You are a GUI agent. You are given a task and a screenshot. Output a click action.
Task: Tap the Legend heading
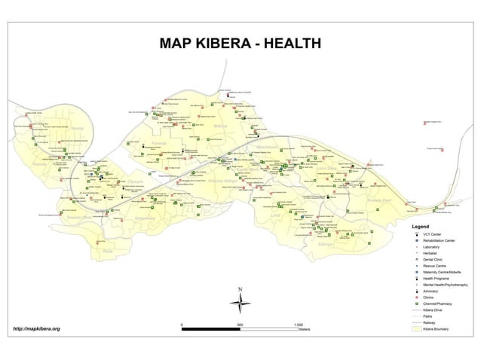pyautogui.click(x=420, y=226)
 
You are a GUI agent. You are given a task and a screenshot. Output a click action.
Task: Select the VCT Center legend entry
pyautogui.click(x=433, y=233)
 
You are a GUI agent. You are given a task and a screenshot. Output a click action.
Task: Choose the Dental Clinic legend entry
pyautogui.click(x=434, y=259)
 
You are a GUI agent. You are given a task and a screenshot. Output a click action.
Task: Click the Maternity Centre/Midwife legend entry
pyautogui.click(x=444, y=272)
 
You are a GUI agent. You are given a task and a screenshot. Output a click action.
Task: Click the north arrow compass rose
pyautogui.click(x=240, y=303)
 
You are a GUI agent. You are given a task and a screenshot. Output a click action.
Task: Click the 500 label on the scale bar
pyautogui.click(x=240, y=324)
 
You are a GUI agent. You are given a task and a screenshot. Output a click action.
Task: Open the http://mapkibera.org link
pyautogui.click(x=36, y=329)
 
